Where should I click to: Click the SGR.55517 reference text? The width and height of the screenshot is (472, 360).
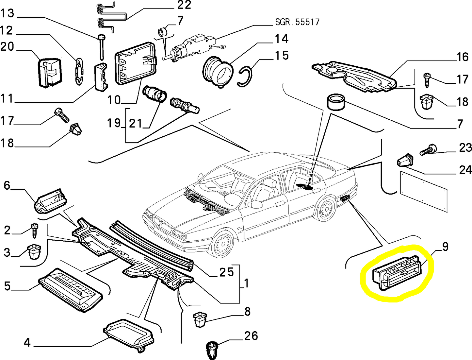(297, 22)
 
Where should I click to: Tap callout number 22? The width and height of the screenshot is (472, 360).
(184, 5)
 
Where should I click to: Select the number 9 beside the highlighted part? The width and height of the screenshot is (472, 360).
(445, 247)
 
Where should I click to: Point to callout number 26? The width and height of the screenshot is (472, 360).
(251, 336)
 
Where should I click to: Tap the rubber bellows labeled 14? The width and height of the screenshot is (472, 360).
(218, 71)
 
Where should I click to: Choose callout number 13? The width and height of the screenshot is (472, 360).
(7, 13)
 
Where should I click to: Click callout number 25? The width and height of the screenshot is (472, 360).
(226, 272)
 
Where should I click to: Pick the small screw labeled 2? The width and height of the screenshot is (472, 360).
(34, 230)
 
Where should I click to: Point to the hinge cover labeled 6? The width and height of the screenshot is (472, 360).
(50, 200)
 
